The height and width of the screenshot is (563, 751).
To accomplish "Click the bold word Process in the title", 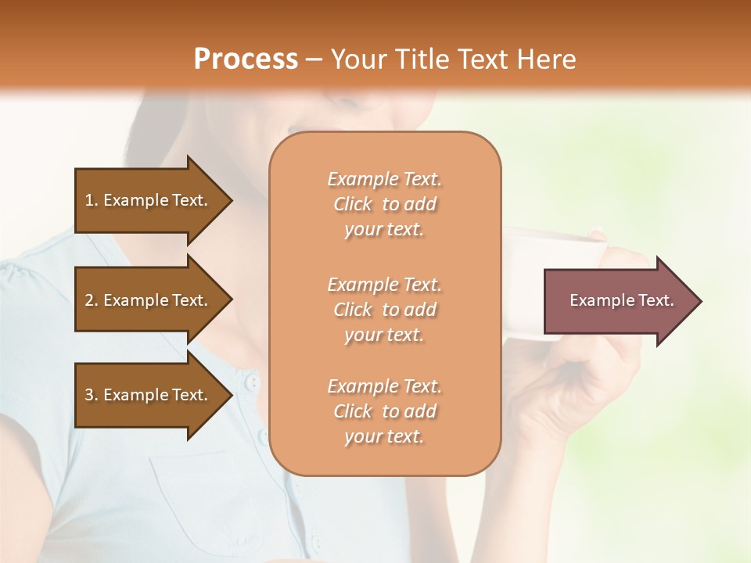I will [x=246, y=59].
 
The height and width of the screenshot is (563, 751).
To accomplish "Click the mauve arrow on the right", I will [x=618, y=301].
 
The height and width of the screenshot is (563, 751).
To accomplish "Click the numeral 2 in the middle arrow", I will [x=89, y=300].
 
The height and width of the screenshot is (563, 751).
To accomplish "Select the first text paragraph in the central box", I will [x=384, y=204].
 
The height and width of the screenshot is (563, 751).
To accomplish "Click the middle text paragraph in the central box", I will [x=384, y=310].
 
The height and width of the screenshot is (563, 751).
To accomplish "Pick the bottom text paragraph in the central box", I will [x=384, y=411].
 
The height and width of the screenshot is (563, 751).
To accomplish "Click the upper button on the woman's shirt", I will [x=251, y=382].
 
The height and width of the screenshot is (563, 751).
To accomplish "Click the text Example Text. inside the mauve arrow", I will [x=621, y=300].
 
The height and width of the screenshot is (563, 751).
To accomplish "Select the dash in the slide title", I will [x=314, y=60].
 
